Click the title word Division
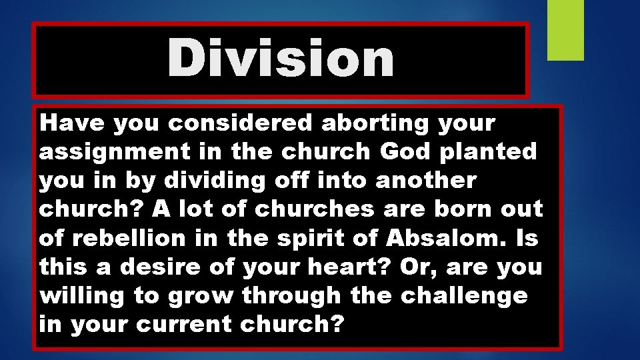point(281,59)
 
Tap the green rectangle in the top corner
point(565,29)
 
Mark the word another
point(421,181)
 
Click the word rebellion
point(133,238)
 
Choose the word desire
point(173,267)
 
